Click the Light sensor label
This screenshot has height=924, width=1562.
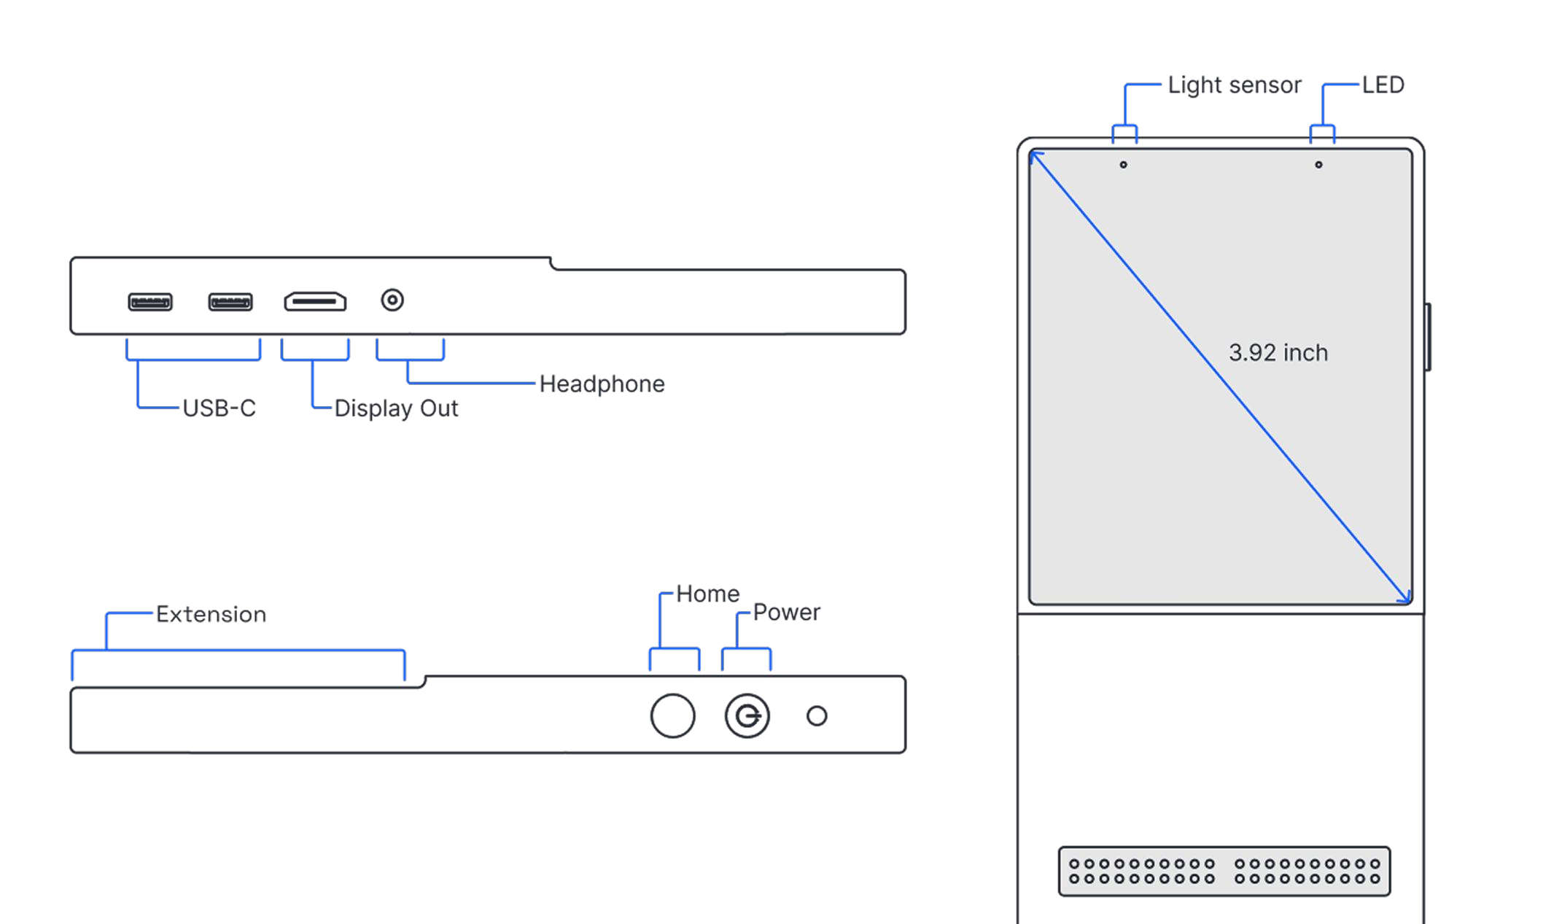coord(1235,85)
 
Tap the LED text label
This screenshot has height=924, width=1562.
coord(1383,85)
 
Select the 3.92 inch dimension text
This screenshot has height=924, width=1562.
coord(1278,353)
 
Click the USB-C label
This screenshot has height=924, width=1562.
coord(219,408)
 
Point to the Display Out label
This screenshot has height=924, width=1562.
coord(397,408)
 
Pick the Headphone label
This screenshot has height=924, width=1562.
coord(602,384)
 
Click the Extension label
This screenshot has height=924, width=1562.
coord(211,615)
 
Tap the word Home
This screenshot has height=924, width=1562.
coord(707,594)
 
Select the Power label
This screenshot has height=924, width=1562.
coord(787,613)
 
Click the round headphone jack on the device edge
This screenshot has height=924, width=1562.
coord(392,300)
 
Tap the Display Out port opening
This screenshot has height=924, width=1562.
coord(314,302)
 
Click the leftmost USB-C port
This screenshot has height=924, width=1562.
coord(150,302)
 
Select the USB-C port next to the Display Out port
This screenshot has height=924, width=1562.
coord(230,302)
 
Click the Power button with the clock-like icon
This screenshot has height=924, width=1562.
coord(747,716)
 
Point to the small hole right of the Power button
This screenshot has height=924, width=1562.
coord(817,716)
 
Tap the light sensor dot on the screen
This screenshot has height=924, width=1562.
coord(1123,165)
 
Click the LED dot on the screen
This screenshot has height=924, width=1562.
coord(1318,165)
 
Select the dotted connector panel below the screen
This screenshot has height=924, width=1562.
coord(1224,871)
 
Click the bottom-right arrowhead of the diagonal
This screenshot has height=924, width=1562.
coord(1404,598)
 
